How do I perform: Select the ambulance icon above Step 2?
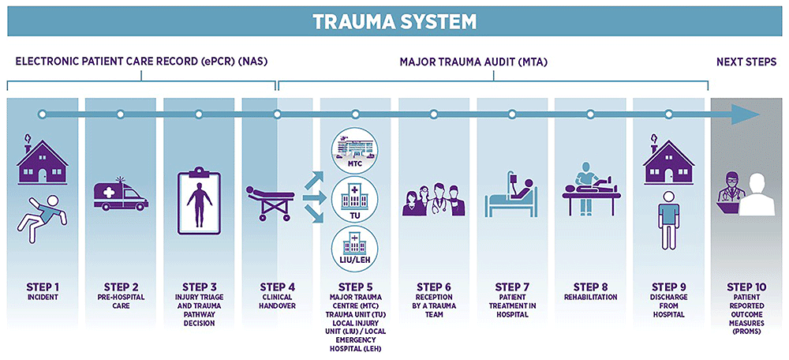coord(120,193)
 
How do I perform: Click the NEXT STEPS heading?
coord(746,62)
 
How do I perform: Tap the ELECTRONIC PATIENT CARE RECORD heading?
coord(142,62)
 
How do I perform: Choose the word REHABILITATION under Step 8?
coord(589,298)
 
